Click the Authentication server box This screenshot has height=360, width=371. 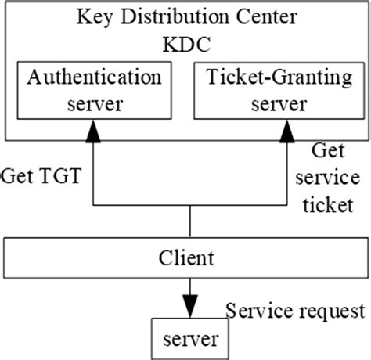pyautogui.click(x=95, y=90)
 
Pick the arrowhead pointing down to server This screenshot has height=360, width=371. pyautogui.click(x=189, y=304)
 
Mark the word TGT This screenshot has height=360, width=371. pyautogui.click(x=59, y=174)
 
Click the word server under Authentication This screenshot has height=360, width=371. pyautogui.click(x=95, y=104)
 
